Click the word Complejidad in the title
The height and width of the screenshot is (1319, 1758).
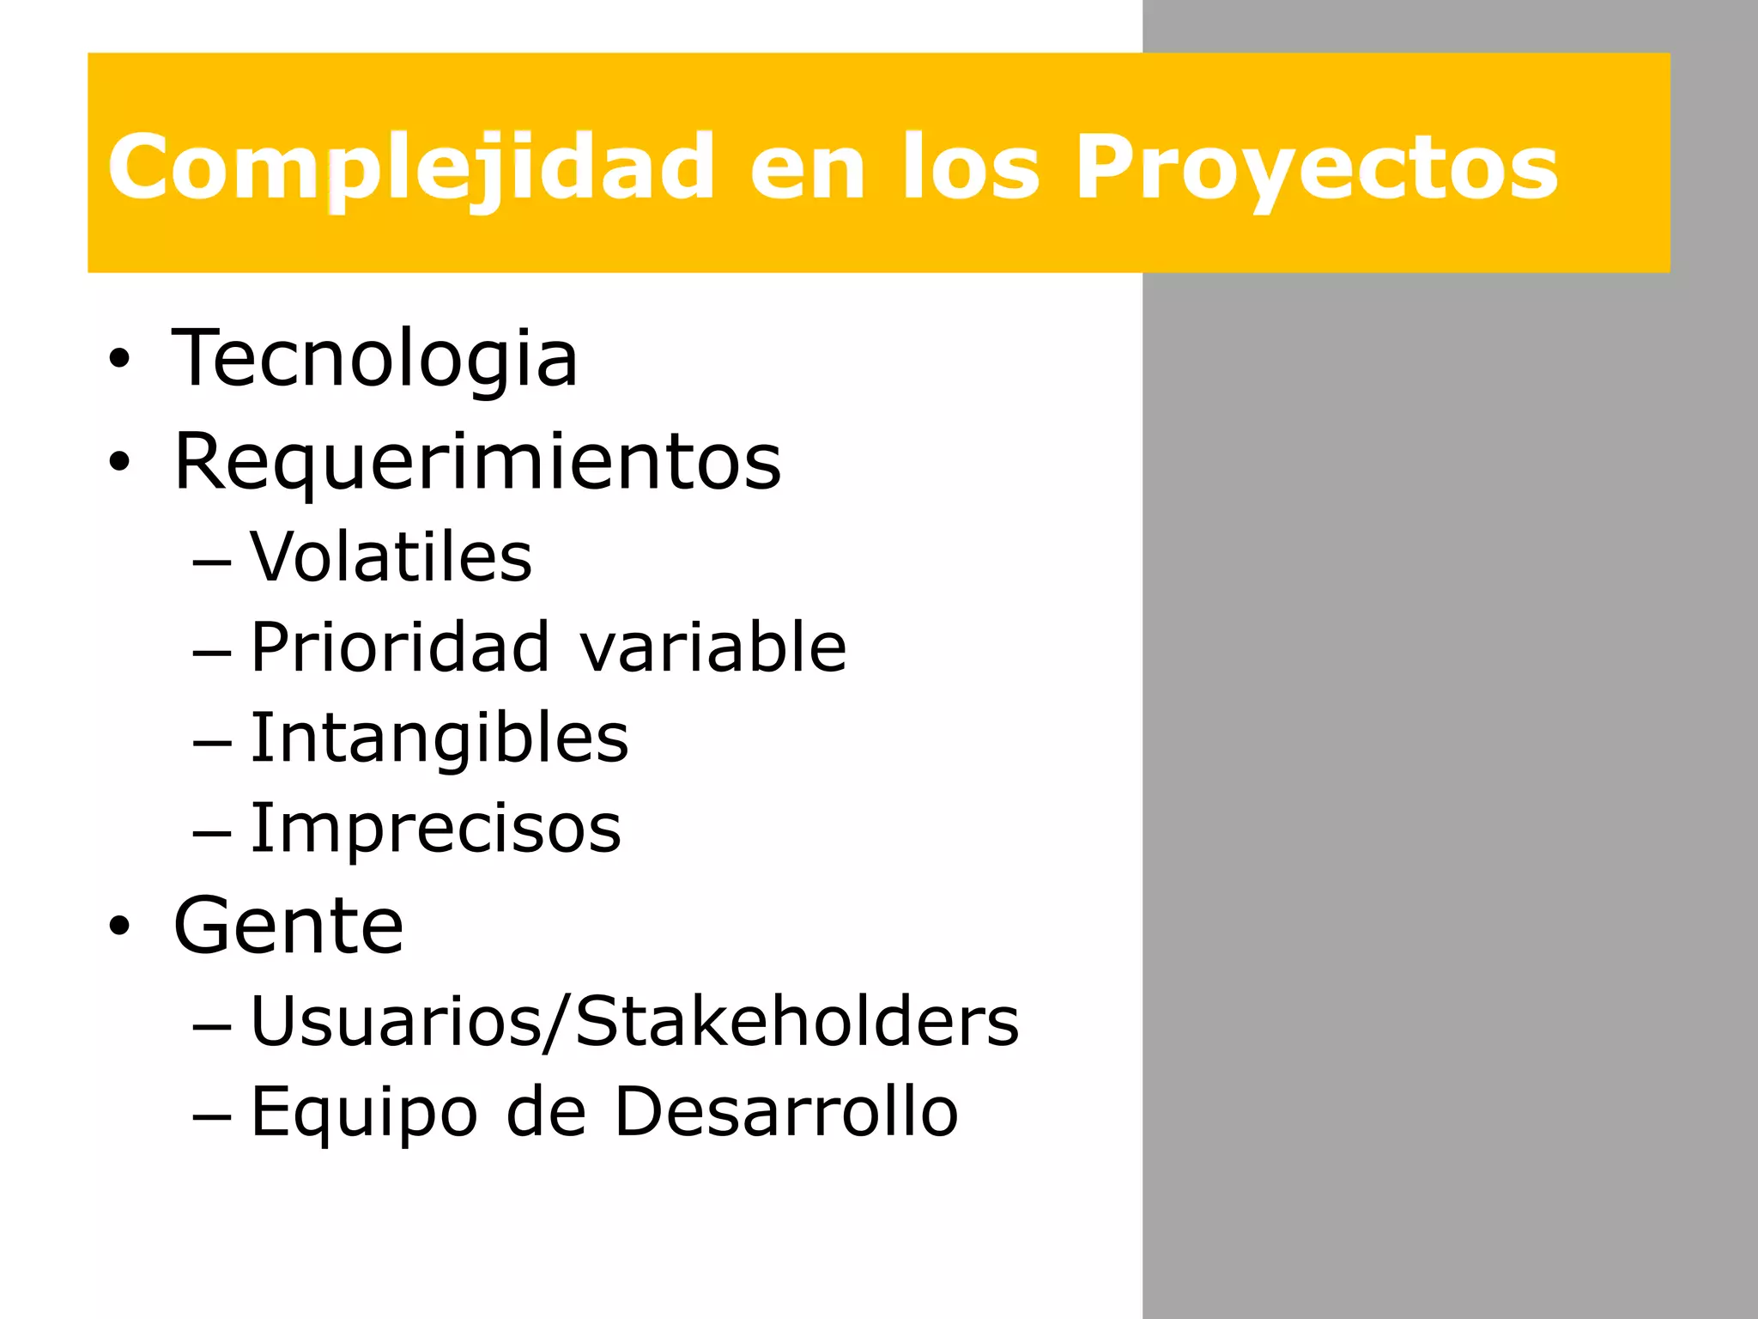[410, 168]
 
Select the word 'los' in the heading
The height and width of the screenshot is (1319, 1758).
[970, 168]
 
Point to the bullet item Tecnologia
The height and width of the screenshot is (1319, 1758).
[375, 359]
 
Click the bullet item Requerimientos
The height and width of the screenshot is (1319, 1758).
[477, 462]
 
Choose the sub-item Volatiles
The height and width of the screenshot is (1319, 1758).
[391, 557]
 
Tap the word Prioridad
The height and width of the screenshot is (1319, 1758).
[399, 647]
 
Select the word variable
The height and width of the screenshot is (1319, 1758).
[712, 647]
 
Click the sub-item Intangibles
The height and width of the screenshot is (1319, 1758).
[439, 739]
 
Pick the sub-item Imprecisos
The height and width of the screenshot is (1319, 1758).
[435, 829]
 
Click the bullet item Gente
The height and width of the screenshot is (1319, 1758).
[288, 926]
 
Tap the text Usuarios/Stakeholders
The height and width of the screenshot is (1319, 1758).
[633, 1022]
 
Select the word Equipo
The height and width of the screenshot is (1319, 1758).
[363, 1113]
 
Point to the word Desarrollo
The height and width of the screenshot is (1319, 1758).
[785, 1112]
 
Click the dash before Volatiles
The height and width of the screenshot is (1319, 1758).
[212, 562]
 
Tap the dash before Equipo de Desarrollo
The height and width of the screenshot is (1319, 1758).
[212, 1117]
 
